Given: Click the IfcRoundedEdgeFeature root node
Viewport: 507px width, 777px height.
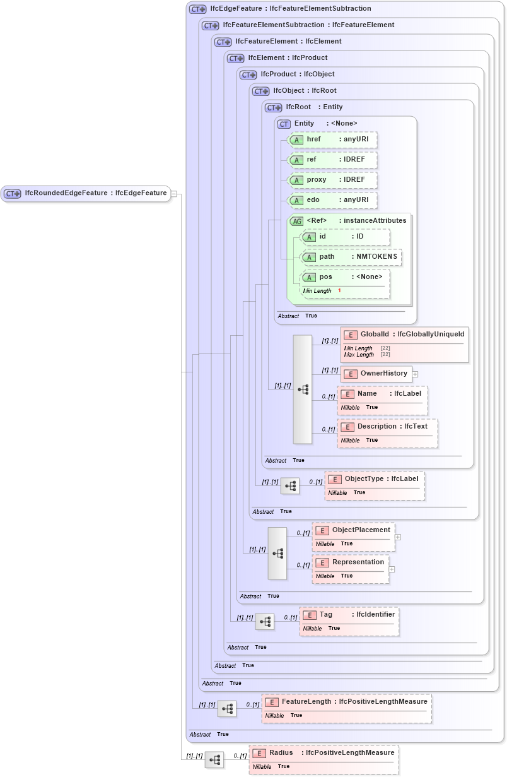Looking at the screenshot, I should (x=86, y=193).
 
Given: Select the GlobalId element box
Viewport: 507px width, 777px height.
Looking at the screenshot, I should (x=404, y=334).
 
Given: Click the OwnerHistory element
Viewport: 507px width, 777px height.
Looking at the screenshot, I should (x=376, y=374).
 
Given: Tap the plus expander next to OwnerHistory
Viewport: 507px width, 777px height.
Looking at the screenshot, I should (x=416, y=374).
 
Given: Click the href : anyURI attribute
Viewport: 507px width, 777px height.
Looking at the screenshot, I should (x=332, y=139).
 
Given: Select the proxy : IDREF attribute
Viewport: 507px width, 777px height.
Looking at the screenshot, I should (x=332, y=180).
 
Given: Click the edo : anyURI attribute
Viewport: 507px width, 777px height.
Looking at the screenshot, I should (x=332, y=200).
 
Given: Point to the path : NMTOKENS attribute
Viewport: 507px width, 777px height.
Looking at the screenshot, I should (x=351, y=257).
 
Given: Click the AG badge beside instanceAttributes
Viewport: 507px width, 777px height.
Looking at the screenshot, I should (x=296, y=221).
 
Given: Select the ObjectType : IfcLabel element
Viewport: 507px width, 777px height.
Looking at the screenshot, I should (x=375, y=479).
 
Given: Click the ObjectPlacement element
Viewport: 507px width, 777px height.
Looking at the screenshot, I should (x=354, y=530).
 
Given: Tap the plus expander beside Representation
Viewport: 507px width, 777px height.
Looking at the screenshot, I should (x=392, y=569).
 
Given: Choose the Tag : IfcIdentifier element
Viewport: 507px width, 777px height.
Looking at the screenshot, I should (x=349, y=614).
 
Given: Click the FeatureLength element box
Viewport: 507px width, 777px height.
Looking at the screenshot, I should (x=347, y=702).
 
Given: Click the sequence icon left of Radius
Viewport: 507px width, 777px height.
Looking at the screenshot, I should (x=214, y=760).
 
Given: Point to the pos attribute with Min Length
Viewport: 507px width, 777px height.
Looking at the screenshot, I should (x=344, y=277).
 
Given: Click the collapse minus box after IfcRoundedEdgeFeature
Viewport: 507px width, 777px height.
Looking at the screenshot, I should (x=174, y=194).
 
